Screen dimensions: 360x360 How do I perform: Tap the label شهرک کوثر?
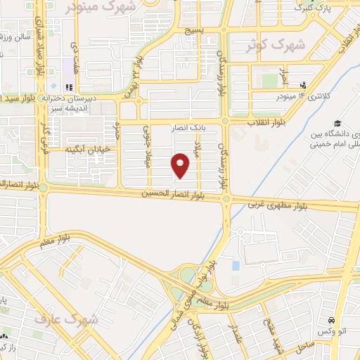271,46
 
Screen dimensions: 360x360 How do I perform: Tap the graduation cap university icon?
338,123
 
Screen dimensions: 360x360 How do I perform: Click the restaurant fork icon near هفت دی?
69,87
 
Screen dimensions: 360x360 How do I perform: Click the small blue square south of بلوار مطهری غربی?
236,266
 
